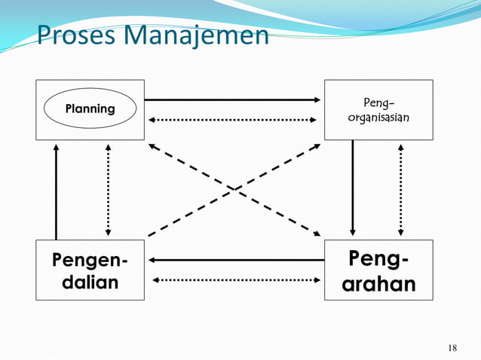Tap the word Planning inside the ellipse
(90, 109)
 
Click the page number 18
(452, 347)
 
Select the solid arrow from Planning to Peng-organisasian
(234, 99)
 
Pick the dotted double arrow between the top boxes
(234, 120)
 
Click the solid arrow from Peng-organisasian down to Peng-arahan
(353, 188)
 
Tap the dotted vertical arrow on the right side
(400, 188)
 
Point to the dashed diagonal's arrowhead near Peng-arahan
(317, 232)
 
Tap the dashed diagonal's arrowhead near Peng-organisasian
(316, 146)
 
